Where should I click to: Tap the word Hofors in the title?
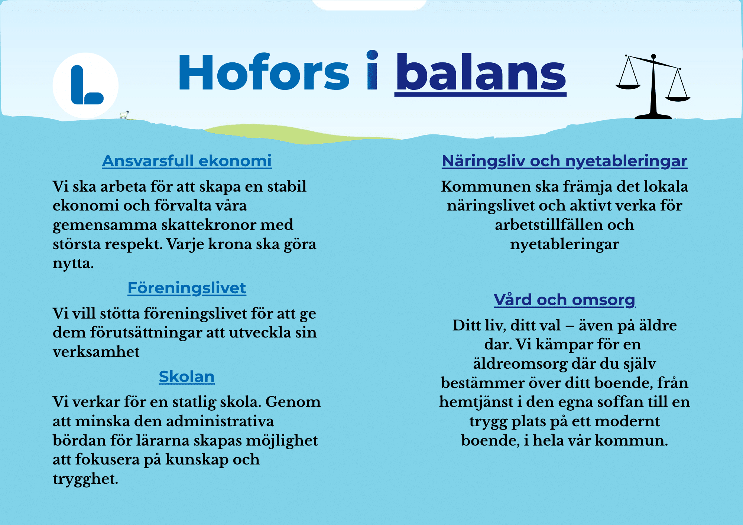pos(264,72)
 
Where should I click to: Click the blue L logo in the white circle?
pos(87,85)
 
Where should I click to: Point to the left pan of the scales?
pos(628,87)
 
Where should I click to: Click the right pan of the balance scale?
pos(678,99)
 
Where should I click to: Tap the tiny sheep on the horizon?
pos(125,115)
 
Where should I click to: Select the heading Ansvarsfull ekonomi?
pos(187,161)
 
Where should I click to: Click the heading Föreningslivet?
pos(187,288)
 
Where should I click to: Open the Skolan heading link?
pos(187,376)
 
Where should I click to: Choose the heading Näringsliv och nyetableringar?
pos(565,161)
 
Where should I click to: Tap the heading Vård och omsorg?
pos(565,300)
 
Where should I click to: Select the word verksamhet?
pos(96,352)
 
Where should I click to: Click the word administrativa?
pos(220,421)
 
